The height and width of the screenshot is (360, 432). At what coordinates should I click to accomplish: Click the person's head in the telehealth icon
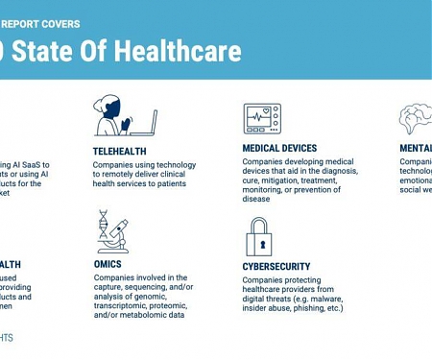pos(108,106)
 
